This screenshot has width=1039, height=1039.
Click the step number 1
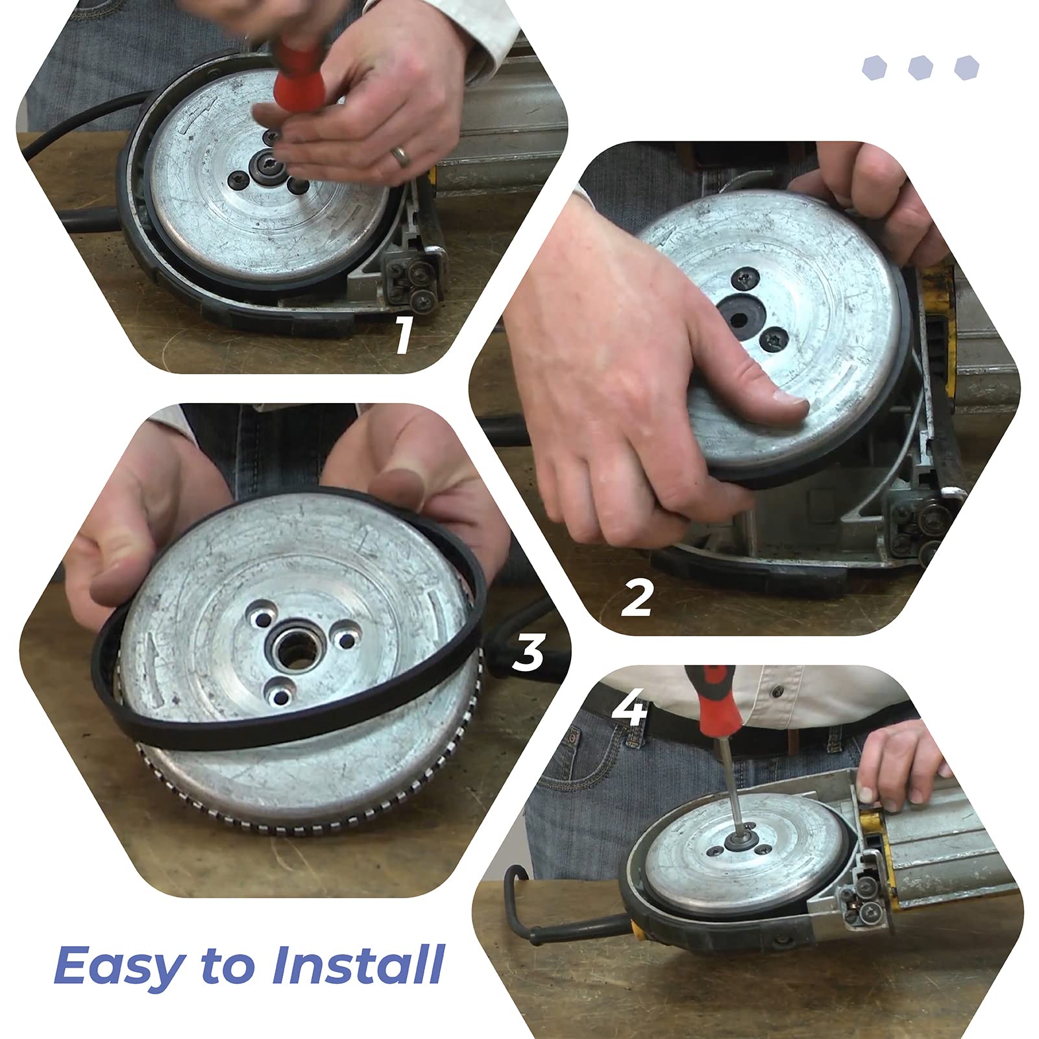[403, 335]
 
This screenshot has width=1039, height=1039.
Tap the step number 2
[637, 598]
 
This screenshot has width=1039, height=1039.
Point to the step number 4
[629, 709]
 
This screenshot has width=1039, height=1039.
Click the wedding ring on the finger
[402, 156]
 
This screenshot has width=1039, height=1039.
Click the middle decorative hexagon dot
[920, 68]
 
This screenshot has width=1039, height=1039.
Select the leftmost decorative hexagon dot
[874, 68]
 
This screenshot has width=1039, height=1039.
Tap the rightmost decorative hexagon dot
[966, 68]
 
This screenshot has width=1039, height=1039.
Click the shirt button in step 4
[776, 692]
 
